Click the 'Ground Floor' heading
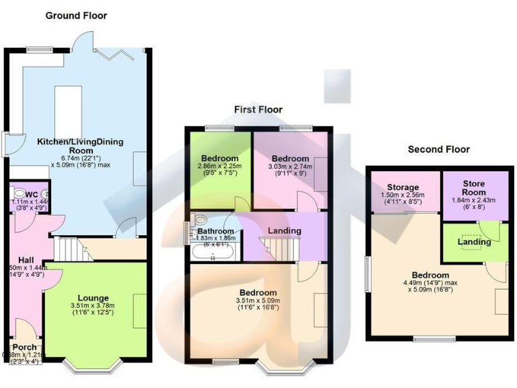(x=75, y=15)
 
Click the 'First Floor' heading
(x=258, y=109)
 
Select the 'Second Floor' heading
(x=438, y=149)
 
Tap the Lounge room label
(x=93, y=298)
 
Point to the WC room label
(x=32, y=194)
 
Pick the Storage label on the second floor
(x=403, y=187)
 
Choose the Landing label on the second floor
(x=474, y=241)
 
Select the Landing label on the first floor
(x=284, y=231)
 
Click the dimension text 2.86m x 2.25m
(x=219, y=166)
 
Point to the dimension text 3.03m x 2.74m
(x=289, y=166)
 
